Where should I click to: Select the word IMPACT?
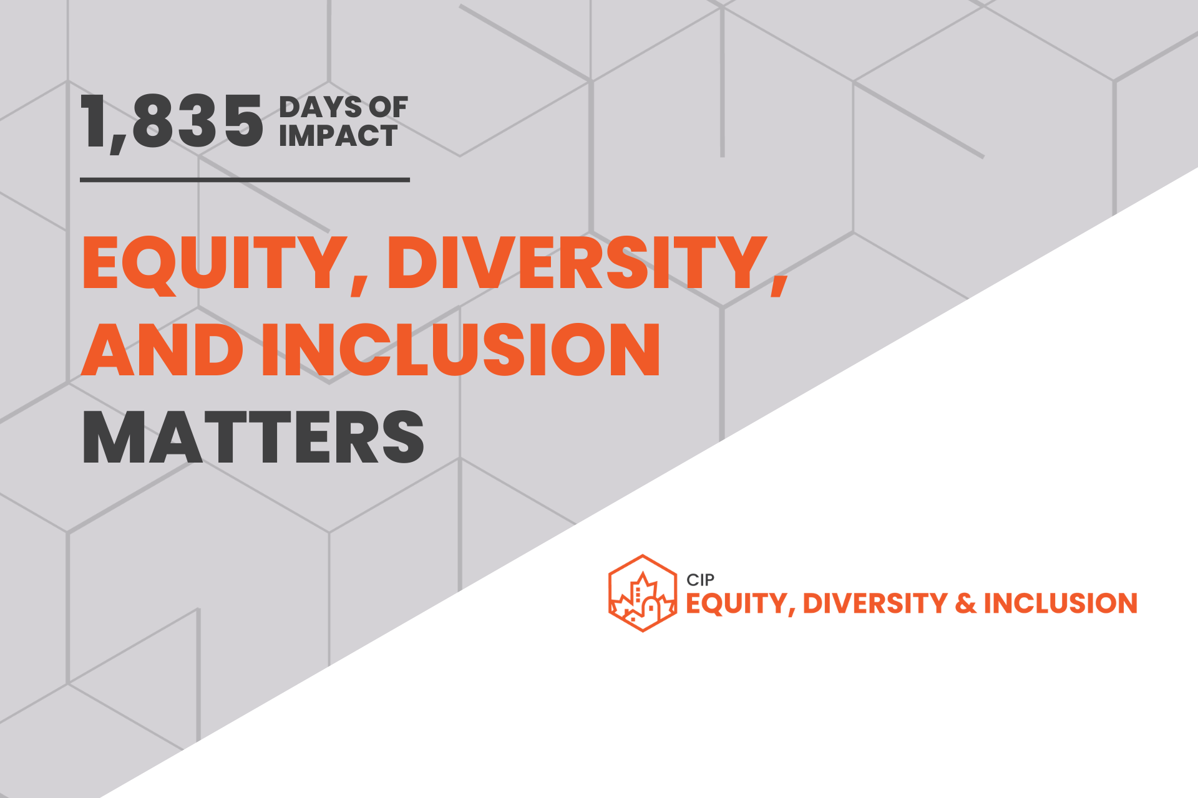(x=338, y=136)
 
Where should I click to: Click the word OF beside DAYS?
(x=388, y=107)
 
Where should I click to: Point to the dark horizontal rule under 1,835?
(x=245, y=180)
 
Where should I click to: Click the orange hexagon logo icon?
(x=643, y=593)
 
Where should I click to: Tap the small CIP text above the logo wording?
(x=700, y=580)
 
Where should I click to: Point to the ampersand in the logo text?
(x=965, y=603)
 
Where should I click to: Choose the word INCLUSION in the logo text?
(x=1061, y=603)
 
